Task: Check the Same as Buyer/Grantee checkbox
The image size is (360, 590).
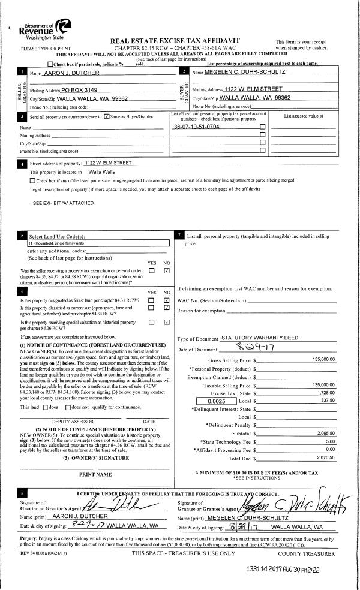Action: tap(107, 116)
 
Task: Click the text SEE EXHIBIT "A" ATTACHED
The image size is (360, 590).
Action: tap(64, 203)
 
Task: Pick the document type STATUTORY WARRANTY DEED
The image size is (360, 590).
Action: tap(260, 338)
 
